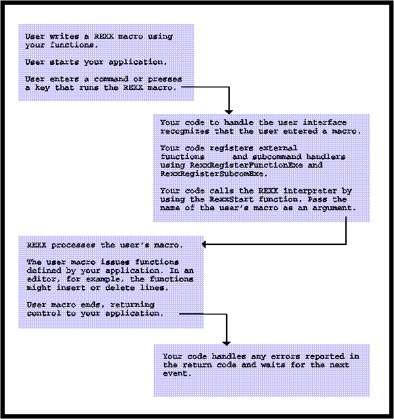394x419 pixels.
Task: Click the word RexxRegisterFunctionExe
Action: coord(246,165)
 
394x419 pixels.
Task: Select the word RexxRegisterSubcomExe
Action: coord(213,173)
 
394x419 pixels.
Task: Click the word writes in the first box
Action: coord(64,36)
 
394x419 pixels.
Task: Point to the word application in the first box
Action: coord(138,62)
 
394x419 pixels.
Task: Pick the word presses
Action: coord(165,80)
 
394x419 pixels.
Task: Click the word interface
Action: coord(324,122)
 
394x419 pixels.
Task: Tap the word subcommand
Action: coord(277,157)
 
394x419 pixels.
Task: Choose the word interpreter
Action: coord(310,191)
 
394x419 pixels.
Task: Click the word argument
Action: coord(334,208)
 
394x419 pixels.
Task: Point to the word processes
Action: coord(73,246)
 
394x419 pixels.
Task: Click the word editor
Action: coord(42,279)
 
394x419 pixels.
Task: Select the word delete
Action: coord(120,288)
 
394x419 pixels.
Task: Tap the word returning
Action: coord(132,304)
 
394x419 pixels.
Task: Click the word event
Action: coord(177,373)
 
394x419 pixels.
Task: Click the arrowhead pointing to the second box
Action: coord(229,112)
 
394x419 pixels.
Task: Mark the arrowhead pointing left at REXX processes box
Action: coord(204,244)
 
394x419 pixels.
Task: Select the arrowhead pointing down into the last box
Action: coord(226,344)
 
